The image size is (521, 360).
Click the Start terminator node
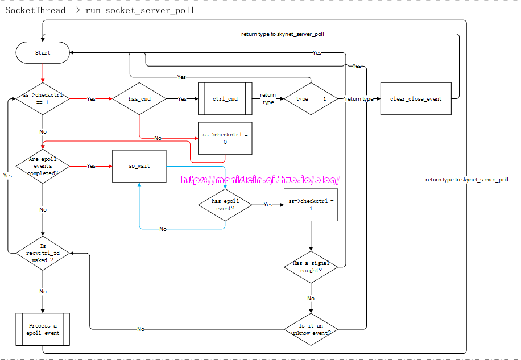tap(43, 53)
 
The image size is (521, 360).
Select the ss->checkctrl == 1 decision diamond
tap(43, 99)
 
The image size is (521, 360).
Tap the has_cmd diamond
tap(139, 99)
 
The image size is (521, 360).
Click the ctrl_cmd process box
tap(225, 99)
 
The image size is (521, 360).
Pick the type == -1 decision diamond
tap(311, 99)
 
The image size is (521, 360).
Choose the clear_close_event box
tap(416, 99)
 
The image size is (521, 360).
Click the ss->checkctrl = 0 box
tap(225, 139)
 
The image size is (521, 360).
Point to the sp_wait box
tap(139, 166)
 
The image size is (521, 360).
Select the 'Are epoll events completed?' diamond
tap(43, 166)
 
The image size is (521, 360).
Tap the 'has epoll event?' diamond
tap(225, 205)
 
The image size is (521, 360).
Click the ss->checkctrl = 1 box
tap(311, 205)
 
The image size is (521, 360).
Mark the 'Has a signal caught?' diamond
tap(311, 267)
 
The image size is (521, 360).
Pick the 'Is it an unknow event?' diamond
tap(311, 329)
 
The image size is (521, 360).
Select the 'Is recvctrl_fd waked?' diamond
tap(43, 253)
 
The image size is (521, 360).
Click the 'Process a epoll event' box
tap(43, 329)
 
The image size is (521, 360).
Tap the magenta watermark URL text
tap(260, 180)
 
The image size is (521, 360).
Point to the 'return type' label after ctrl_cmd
tap(268, 99)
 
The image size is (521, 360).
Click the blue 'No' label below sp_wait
tap(163, 229)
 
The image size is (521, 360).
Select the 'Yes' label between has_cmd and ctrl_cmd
tap(182, 99)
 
